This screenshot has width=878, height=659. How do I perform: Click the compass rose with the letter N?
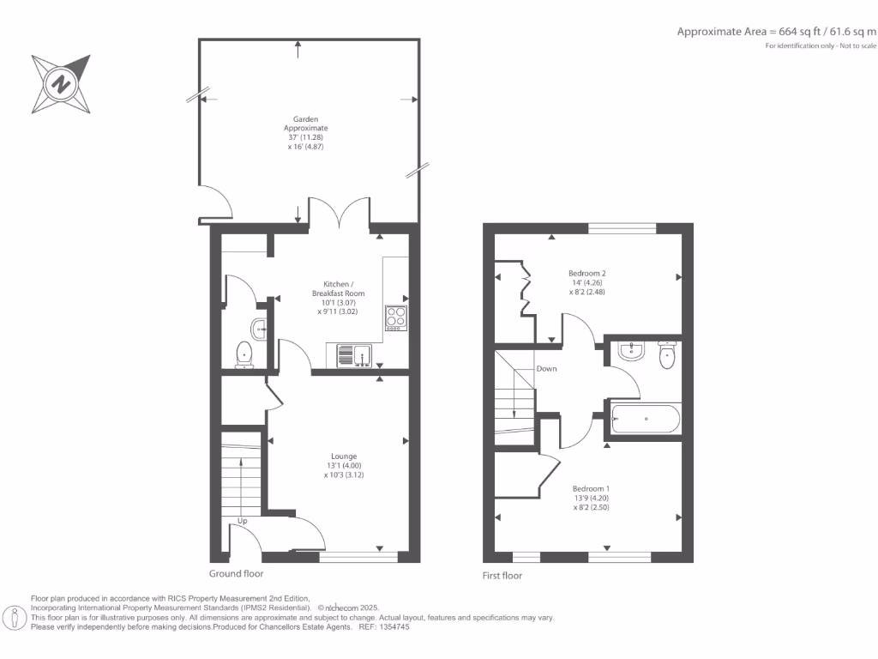coord(61,84)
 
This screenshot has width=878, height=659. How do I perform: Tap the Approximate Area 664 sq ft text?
coord(776,32)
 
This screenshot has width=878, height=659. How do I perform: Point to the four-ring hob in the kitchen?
coord(396,317)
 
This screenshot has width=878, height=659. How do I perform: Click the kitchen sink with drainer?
coord(353,353)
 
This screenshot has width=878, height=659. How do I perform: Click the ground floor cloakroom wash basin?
coord(259,326)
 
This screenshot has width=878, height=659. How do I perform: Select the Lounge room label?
coord(344,464)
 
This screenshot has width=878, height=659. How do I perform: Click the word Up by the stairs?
coord(243,521)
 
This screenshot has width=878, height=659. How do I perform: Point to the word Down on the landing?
coord(547,369)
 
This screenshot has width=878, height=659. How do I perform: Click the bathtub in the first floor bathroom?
coord(646,420)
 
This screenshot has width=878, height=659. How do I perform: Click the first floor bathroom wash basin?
coord(631,349)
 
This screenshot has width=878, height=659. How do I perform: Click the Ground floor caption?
coord(236,573)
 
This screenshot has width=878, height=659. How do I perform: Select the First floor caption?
coord(502,576)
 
